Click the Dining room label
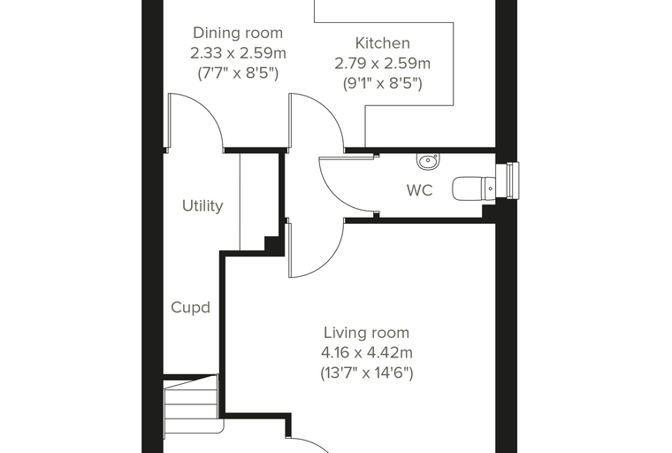tap(238, 33)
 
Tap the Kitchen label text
tap(383, 43)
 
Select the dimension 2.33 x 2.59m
tap(238, 53)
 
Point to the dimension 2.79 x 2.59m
tap(382, 64)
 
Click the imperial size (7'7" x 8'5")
tap(238, 73)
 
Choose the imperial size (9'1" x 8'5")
tap(383, 83)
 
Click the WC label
tap(420, 190)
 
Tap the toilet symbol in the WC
tap(474, 188)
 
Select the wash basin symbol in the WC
tap(427, 161)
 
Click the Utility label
tap(202, 206)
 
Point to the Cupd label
tap(190, 308)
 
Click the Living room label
tap(366, 333)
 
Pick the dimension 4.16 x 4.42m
tap(366, 353)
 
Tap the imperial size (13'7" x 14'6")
tap(367, 373)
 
